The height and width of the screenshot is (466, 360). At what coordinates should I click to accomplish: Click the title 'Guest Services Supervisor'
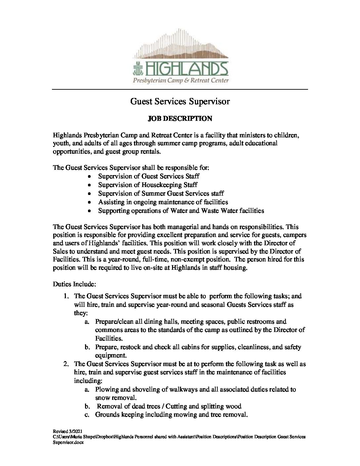point(180,101)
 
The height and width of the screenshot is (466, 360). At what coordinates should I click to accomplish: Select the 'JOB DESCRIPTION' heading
point(180,118)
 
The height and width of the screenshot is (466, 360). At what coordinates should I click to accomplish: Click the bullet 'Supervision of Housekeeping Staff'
point(148,185)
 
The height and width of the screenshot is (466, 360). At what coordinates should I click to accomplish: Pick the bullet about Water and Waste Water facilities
point(181,210)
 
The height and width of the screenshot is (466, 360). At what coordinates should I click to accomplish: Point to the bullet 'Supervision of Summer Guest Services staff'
point(161,193)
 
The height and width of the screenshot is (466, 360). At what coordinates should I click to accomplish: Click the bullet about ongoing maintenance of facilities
point(163,202)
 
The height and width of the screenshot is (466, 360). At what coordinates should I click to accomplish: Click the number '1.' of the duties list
point(66,296)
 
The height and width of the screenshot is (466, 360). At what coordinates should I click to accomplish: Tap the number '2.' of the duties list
point(66,364)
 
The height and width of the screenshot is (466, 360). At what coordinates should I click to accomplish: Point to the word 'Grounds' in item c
point(107,415)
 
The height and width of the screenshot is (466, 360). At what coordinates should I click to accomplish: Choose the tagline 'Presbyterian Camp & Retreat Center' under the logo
point(181,80)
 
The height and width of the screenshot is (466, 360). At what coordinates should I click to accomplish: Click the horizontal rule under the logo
point(180,89)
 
